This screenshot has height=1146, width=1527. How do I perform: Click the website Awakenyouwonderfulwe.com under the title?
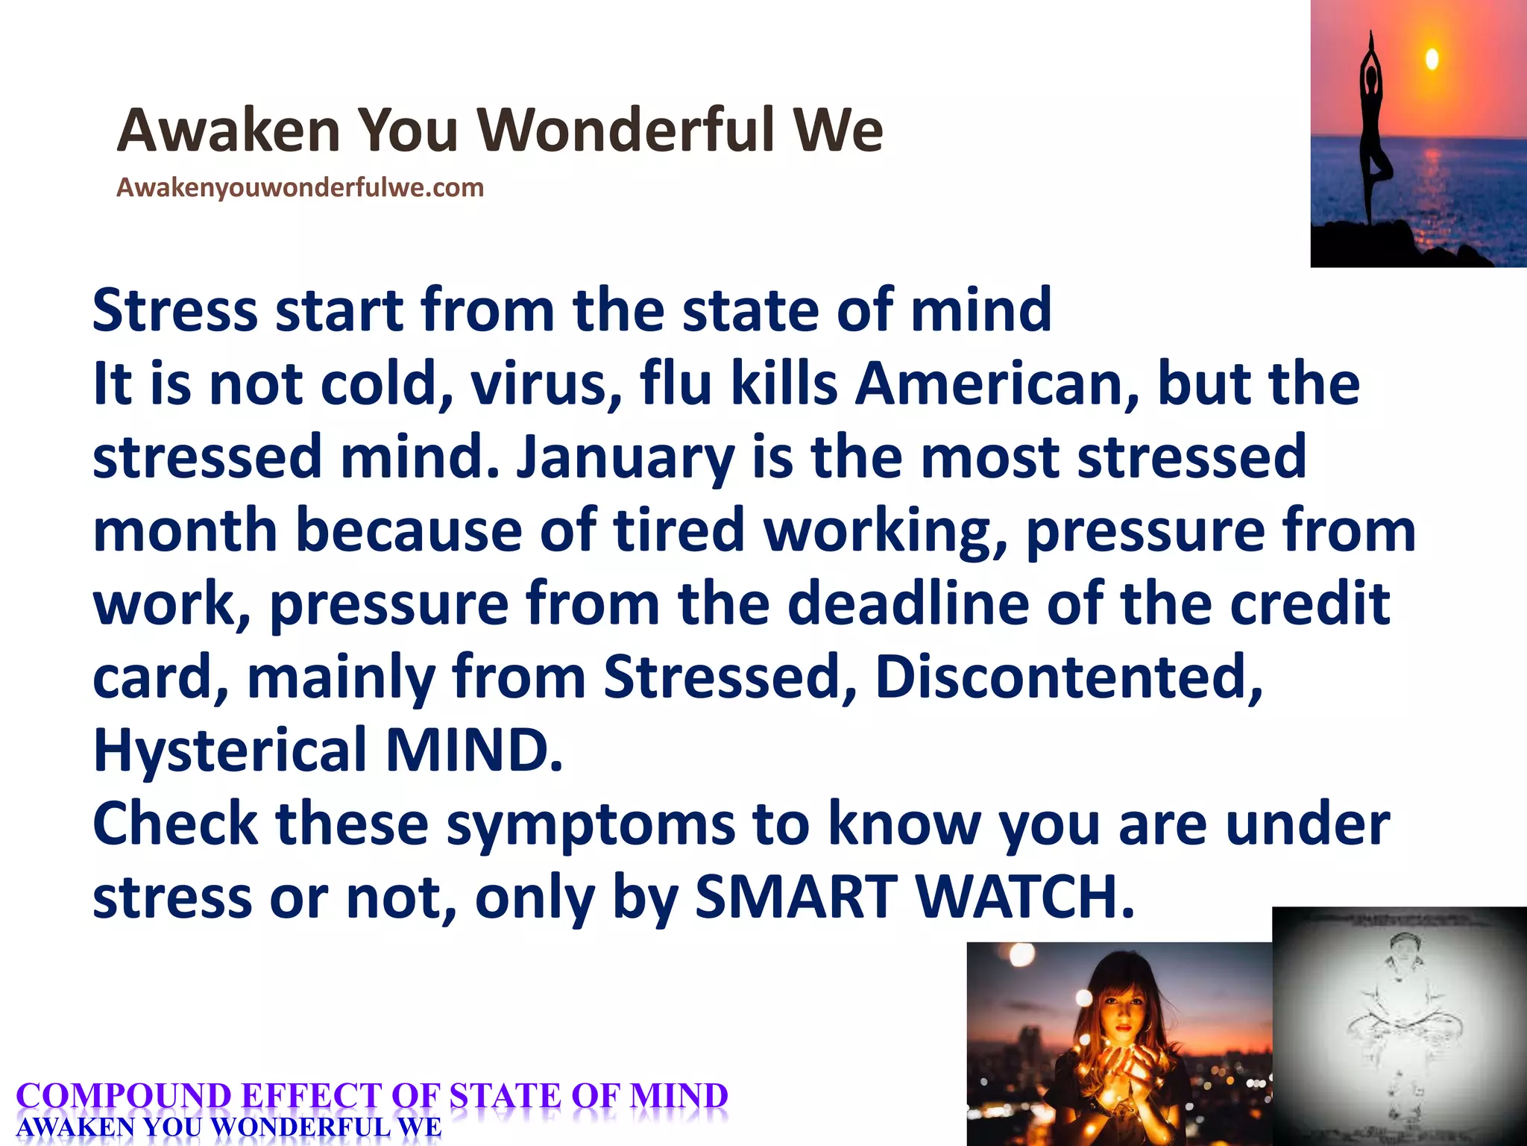(x=300, y=187)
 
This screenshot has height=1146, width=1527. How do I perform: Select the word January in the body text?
(x=625, y=457)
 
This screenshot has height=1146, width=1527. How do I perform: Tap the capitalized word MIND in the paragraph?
(x=473, y=750)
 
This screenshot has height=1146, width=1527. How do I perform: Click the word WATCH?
(x=1025, y=896)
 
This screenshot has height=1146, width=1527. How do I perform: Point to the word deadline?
(x=908, y=604)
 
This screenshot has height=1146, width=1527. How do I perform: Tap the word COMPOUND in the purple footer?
(x=124, y=1096)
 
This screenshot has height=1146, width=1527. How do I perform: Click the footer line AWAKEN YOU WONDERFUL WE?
(x=229, y=1127)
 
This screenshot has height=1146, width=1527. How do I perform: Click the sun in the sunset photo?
(x=1432, y=59)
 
